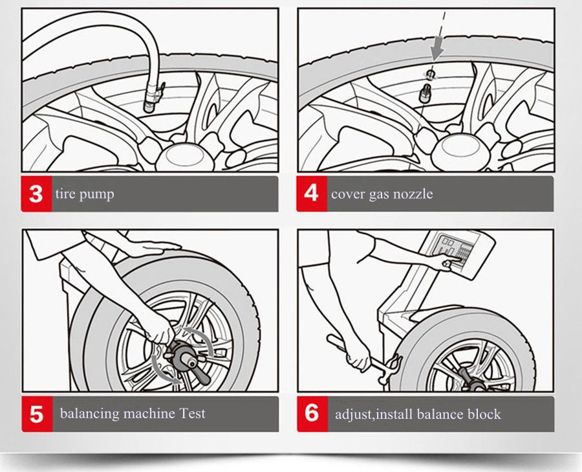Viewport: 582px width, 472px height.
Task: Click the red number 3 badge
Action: tap(36, 194)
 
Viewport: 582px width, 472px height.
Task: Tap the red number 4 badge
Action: tap(312, 194)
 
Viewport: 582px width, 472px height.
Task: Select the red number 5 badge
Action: tap(36, 414)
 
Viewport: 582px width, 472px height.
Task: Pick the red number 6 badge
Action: tap(312, 414)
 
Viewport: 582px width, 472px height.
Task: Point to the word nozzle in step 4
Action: tap(412, 194)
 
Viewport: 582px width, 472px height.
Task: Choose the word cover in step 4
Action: tap(347, 194)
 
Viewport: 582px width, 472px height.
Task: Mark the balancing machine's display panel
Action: tap(452, 249)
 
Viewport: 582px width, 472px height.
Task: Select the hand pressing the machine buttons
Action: tap(446, 260)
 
